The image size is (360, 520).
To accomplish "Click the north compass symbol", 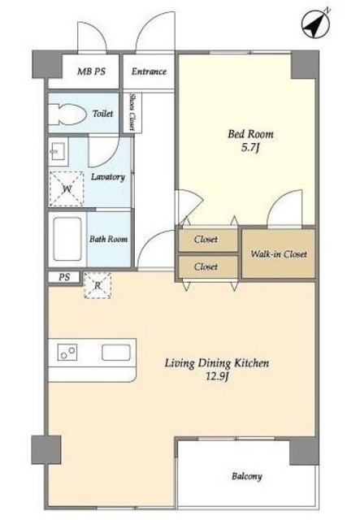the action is pos(315,24).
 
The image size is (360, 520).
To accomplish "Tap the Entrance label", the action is pos(149,71).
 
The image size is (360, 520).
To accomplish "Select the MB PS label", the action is pos(91,71).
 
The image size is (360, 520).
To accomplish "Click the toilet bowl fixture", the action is pos(67,115).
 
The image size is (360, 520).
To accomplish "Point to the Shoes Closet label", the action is pos(132,112).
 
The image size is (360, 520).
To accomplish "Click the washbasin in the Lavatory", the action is pos(59,152).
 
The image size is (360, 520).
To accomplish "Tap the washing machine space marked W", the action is pos(67,188).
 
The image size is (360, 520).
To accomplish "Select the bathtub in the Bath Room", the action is pos(67,239).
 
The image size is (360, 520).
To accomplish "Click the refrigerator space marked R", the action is pos(98,285).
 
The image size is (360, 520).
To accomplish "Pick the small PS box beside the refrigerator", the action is pos(64,277).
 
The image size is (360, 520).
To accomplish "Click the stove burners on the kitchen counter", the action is pos(67,352).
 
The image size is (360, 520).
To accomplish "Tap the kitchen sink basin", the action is pos(115,352).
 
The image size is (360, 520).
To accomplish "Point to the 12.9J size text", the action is pos(217,377).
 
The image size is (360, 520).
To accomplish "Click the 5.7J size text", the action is pos(249,147).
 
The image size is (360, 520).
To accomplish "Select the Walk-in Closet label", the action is pos(279,254).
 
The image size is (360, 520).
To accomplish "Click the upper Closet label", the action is pos(206,239).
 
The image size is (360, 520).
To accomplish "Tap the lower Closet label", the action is pos(206,266).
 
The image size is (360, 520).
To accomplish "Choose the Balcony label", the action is pos(247,477).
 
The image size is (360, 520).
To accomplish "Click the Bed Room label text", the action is pos(250,134).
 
